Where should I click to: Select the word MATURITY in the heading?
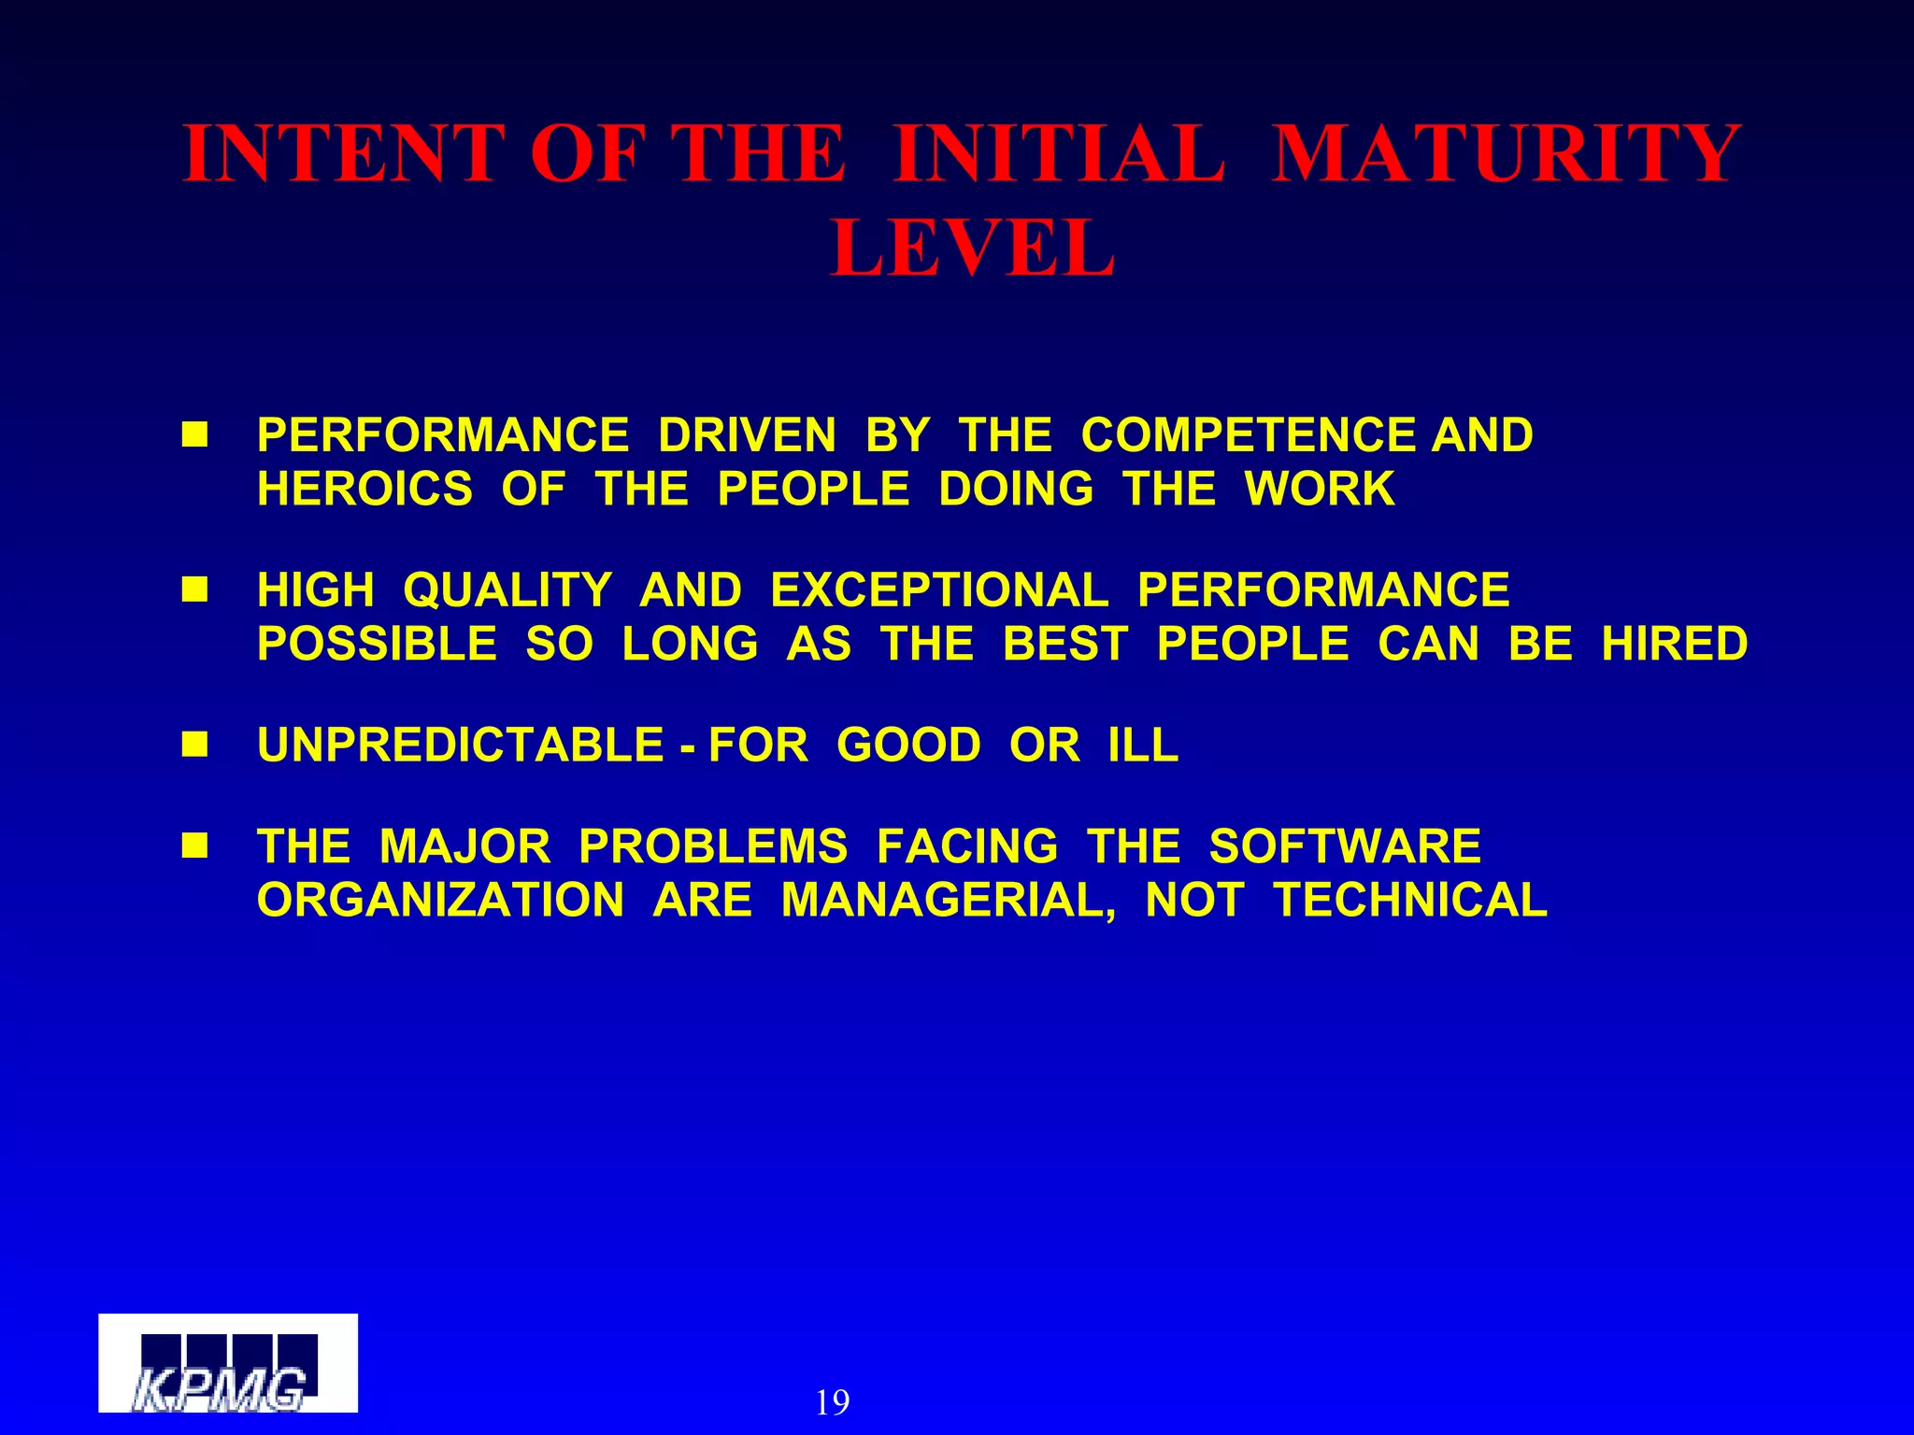pyautogui.click(x=1506, y=153)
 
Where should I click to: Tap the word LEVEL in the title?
pyautogui.click(x=973, y=249)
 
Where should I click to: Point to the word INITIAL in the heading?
pyautogui.click(x=1059, y=153)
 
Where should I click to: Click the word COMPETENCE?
pyautogui.click(x=1249, y=435)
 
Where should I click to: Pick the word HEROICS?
pyautogui.click(x=364, y=490)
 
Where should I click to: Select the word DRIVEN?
pyautogui.click(x=747, y=435)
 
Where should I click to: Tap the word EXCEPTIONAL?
pyautogui.click(x=939, y=590)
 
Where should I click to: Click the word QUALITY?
pyautogui.click(x=507, y=590)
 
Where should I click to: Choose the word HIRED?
pyautogui.click(x=1674, y=644)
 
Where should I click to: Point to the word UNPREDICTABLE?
pyautogui.click(x=460, y=746)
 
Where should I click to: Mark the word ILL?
pyautogui.click(x=1143, y=746)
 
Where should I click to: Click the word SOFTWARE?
pyautogui.click(x=1345, y=846)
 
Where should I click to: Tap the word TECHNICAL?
pyautogui.click(x=1410, y=901)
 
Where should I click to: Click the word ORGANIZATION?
pyautogui.click(x=440, y=901)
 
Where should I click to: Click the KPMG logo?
pyautogui.click(x=228, y=1363)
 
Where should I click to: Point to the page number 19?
pyautogui.click(x=832, y=1402)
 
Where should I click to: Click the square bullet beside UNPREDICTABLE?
pyautogui.click(x=194, y=746)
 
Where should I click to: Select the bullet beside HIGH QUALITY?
pyautogui.click(x=194, y=590)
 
